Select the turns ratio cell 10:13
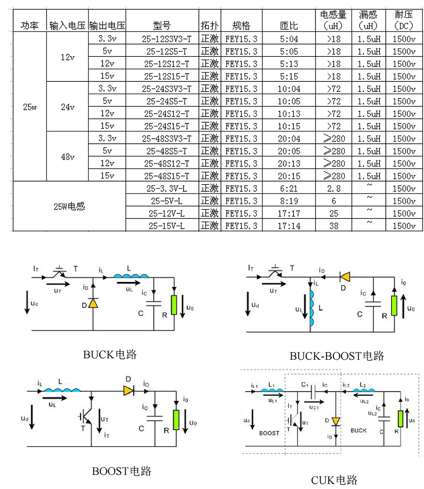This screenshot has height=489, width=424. [289, 114]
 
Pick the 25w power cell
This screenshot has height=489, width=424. [30, 107]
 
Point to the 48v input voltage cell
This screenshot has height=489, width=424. [67, 157]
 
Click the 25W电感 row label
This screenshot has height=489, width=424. [70, 207]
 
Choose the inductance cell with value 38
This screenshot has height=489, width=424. [334, 226]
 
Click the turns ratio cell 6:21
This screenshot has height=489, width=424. [289, 188]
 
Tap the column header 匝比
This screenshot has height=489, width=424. [289, 26]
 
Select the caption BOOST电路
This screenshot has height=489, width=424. [122, 471]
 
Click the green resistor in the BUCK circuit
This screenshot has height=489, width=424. [174, 305]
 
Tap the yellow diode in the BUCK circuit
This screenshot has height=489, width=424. [93, 304]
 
